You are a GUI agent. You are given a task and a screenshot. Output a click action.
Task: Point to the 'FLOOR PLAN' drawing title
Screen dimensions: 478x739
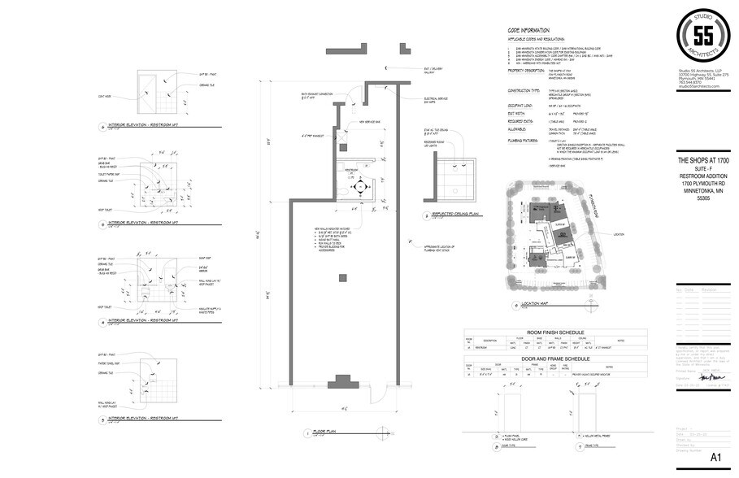pos(325,432)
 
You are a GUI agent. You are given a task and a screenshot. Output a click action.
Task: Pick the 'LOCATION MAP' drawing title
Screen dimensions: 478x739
pos(533,306)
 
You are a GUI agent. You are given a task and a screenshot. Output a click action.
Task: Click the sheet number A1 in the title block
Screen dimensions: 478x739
pos(715,458)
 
